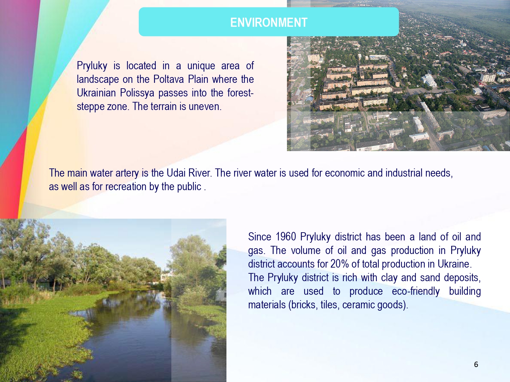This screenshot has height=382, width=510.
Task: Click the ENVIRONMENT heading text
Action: [x=269, y=22]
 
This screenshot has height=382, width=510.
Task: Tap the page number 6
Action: [x=476, y=365]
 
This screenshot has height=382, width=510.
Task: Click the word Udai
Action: [x=176, y=173]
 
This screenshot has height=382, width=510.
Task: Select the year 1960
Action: [x=286, y=237]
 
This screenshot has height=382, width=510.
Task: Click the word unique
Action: [x=201, y=66]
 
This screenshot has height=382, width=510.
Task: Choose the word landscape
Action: [x=98, y=80]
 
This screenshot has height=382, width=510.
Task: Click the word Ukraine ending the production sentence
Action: [x=455, y=264]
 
